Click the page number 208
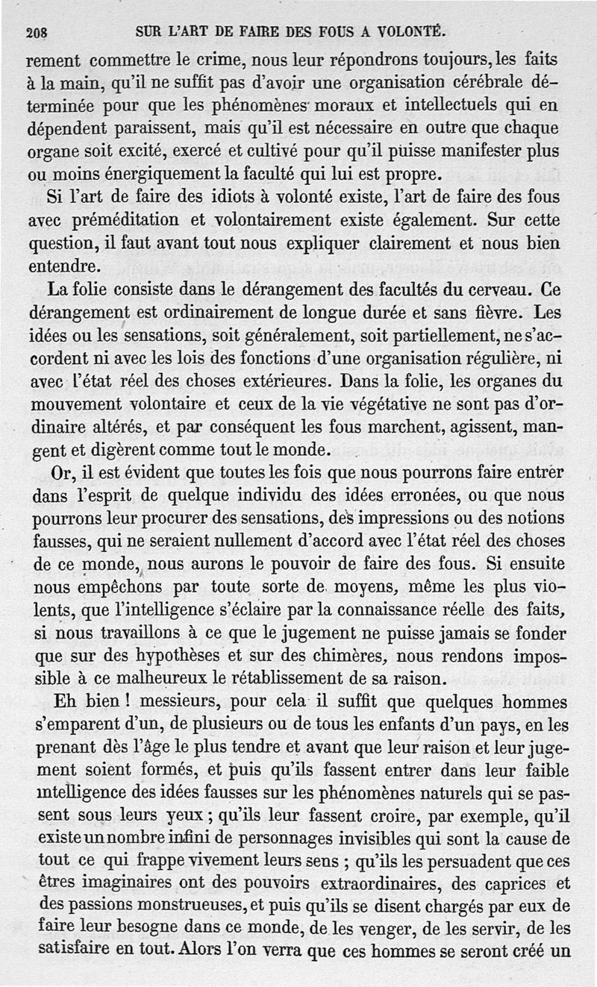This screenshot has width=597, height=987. [37, 33]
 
